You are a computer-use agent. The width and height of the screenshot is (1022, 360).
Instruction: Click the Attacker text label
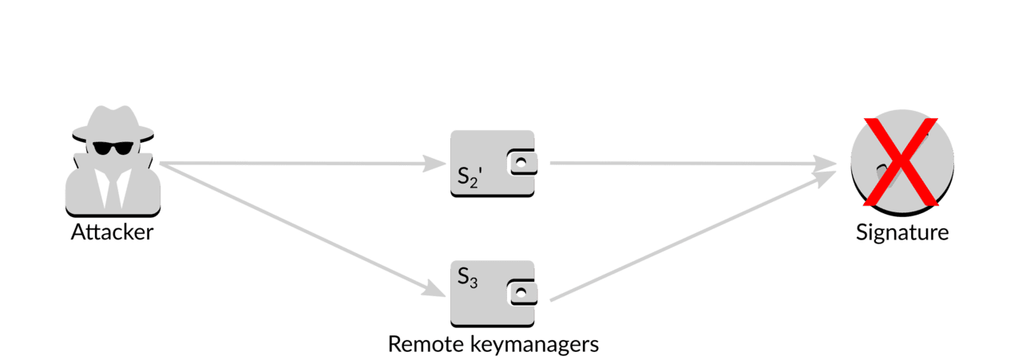tap(113, 232)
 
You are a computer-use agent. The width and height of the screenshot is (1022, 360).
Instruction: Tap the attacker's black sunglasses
tap(113, 148)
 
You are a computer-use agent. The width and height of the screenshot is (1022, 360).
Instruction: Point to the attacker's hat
tap(113, 124)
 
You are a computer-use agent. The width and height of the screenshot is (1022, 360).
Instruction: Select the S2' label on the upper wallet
tap(469, 177)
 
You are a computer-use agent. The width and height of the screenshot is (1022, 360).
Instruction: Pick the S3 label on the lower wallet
tap(468, 278)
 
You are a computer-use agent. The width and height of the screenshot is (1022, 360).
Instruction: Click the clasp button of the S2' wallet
tap(522, 163)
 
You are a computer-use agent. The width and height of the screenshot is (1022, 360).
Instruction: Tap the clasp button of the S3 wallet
tap(522, 292)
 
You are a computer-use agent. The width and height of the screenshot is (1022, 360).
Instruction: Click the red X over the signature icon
tap(901, 162)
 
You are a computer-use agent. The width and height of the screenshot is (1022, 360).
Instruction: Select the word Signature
tap(902, 233)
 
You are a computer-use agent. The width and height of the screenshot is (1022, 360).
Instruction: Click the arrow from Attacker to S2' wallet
tap(303, 163)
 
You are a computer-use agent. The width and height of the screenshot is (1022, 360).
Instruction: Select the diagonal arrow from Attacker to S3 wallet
tap(303, 230)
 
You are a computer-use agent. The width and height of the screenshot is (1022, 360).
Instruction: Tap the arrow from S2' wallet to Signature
tap(694, 163)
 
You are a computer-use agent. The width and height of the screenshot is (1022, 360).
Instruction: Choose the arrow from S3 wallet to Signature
tap(694, 236)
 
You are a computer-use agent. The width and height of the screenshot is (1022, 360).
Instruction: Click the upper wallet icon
tap(493, 164)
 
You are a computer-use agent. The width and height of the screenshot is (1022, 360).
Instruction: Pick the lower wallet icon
tap(493, 294)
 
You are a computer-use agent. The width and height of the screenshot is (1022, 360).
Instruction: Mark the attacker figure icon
tap(113, 161)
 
